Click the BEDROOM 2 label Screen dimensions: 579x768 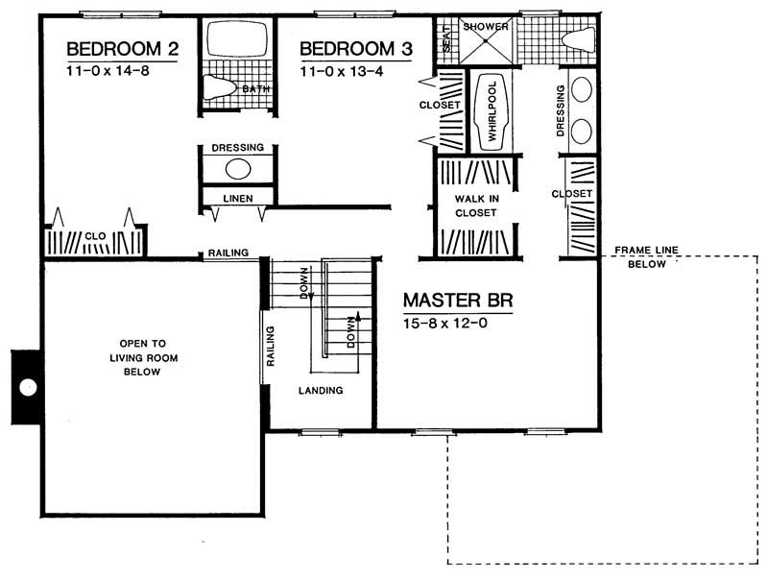pyautogui.click(x=122, y=49)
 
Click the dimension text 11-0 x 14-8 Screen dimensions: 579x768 pyautogui.click(x=108, y=70)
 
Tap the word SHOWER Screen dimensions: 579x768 pyautogui.click(x=485, y=27)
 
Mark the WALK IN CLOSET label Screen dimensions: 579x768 pyautogui.click(x=476, y=205)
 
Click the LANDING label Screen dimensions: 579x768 pyautogui.click(x=321, y=391)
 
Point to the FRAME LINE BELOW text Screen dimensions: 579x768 pyautogui.click(x=646, y=257)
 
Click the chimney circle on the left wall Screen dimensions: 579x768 pyautogui.click(x=29, y=387)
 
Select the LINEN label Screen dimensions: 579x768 pyautogui.click(x=236, y=198)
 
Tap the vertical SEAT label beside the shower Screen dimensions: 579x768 pyautogui.click(x=445, y=42)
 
